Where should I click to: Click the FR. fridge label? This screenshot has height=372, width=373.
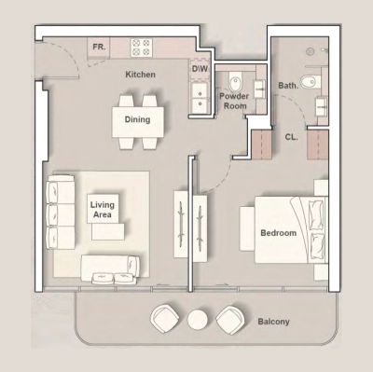pos(98,46)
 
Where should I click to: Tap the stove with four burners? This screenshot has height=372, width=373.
pos(142,46)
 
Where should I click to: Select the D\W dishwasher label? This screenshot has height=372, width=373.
pos(199,68)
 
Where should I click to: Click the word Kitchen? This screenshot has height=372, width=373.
pos(141,75)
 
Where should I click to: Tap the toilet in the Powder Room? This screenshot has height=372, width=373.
pos(233,77)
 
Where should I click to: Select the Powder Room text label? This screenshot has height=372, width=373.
pos(232,101)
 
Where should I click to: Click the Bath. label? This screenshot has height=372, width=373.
pos(288,86)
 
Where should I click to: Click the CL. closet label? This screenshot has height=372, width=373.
pos(291,136)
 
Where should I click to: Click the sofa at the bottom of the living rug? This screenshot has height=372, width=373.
pos(110,268)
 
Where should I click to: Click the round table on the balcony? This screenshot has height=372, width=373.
pos(197,320)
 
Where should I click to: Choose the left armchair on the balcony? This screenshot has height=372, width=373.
pos(165,319)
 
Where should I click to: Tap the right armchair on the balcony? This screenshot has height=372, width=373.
pos(229,319)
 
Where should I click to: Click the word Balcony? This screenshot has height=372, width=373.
pos(274,322)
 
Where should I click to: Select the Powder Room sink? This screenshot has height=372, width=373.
pos(258,90)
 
